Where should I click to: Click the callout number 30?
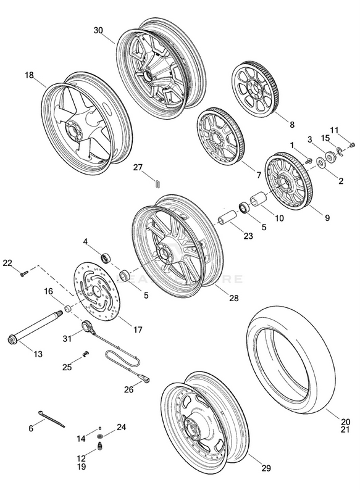99,30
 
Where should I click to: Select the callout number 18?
30,75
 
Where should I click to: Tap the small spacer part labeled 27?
157,182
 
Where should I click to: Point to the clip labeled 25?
86,354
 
